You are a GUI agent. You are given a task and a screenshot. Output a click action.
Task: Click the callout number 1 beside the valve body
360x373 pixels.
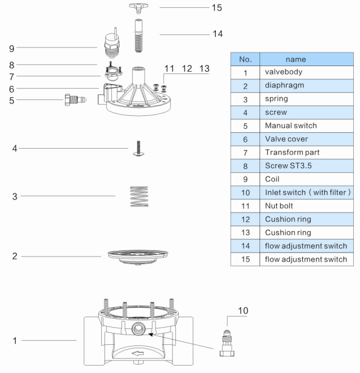pos(16,341)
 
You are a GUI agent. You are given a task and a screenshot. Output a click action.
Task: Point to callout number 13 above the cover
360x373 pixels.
pos(204,68)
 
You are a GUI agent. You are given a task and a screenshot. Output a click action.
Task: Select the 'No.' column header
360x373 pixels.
pos(245,59)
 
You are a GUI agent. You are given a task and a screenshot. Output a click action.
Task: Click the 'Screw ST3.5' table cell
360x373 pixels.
pos(289,166)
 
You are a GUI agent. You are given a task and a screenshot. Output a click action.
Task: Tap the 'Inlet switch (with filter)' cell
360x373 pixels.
pos(307,193)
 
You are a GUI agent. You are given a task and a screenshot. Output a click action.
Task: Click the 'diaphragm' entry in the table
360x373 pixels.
pos(285,85)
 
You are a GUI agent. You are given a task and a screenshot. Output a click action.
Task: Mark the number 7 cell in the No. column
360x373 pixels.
pos(245,152)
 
